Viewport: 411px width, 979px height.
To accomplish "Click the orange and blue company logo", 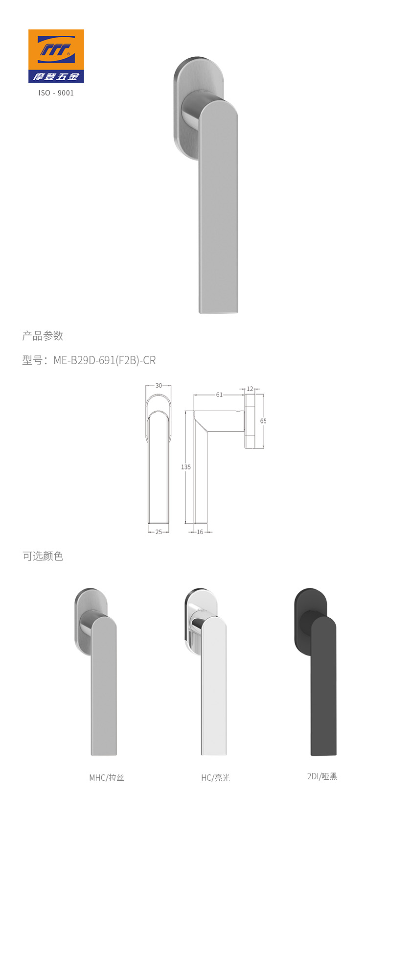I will pyautogui.click(x=56, y=56).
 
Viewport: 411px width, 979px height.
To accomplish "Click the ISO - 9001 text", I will pyautogui.click(x=56, y=93).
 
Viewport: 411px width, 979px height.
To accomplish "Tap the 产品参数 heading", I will pyautogui.click(x=43, y=336).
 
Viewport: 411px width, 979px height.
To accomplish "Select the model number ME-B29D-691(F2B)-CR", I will pyautogui.click(x=104, y=360).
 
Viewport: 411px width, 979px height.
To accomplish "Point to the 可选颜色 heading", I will pyautogui.click(x=43, y=556).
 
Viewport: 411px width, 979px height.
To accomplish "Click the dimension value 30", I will pyautogui.click(x=159, y=386).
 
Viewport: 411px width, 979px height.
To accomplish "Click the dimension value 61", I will pyautogui.click(x=219, y=395).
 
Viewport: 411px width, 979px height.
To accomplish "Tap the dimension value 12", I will pyautogui.click(x=250, y=389).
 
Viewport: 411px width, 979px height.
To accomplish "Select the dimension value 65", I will pyautogui.click(x=263, y=421).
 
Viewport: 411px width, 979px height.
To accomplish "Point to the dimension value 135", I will pyautogui.click(x=186, y=467).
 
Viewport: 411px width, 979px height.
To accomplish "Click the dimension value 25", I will pyautogui.click(x=159, y=532).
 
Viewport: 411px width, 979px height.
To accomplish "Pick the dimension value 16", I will pyautogui.click(x=200, y=532).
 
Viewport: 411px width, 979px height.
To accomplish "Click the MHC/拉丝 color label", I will pyautogui.click(x=107, y=778).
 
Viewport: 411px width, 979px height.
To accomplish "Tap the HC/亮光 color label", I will pyautogui.click(x=215, y=778).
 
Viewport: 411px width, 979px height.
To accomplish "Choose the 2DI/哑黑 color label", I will pyautogui.click(x=322, y=776).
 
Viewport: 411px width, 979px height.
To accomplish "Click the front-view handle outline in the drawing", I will pyautogui.click(x=159, y=470).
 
